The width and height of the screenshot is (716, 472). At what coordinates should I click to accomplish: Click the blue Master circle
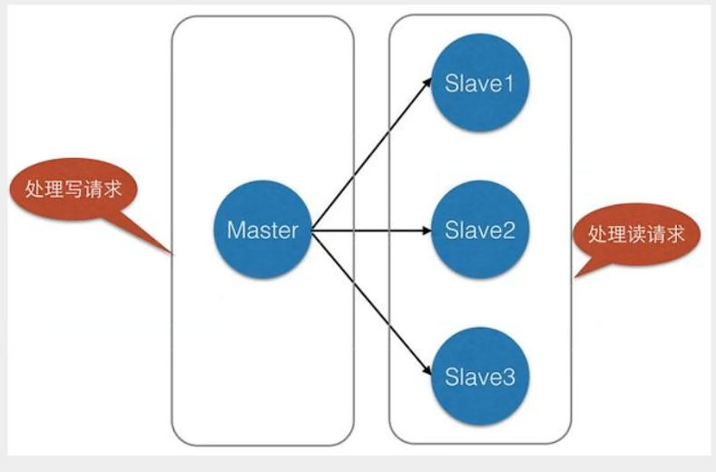coord(262,230)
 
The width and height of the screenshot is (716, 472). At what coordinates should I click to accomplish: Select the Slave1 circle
coord(480,84)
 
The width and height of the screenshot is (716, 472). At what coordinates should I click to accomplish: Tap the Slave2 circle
coord(480,230)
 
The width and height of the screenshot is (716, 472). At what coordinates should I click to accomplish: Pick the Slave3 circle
coord(480,375)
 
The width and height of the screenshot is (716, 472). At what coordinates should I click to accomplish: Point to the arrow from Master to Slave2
coord(372,230)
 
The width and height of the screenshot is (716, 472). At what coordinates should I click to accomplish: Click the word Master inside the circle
coord(262,230)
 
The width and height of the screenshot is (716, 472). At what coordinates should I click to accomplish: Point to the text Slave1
coord(480,84)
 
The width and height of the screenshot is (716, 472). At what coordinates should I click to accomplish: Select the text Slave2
coord(480,230)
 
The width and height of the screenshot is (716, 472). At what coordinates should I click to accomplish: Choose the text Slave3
coord(480,375)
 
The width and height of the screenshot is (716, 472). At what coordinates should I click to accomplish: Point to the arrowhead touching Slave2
coord(427,230)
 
